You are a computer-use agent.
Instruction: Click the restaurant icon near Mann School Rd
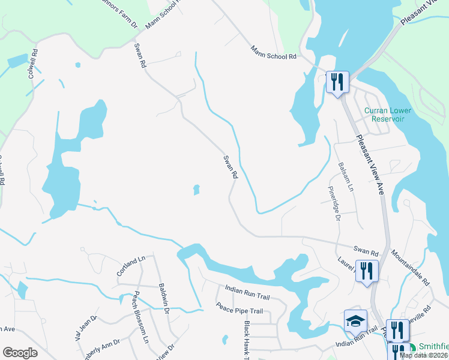[x=337, y=82]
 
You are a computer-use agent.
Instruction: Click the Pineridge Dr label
[x=332, y=203]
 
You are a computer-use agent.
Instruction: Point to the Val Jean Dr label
[x=86, y=328]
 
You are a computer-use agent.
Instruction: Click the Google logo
[x=19, y=353]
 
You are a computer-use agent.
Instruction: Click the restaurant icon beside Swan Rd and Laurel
[x=367, y=271]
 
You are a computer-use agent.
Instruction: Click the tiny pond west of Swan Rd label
[x=196, y=190]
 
